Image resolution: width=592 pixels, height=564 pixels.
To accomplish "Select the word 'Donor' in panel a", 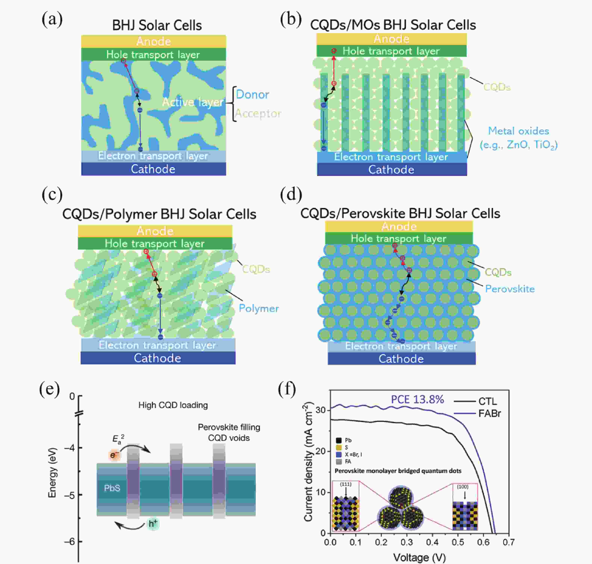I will pos(252,94).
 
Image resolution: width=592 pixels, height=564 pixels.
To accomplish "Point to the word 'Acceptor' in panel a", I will pos(258,113).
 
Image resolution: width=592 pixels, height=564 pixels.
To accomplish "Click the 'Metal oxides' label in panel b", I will pos(519,131).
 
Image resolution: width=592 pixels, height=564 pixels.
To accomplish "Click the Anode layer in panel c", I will pos(155,231).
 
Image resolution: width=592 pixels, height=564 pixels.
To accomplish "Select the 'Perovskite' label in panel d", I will pos(510,289).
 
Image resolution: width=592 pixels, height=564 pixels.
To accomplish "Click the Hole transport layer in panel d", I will pos(399,238).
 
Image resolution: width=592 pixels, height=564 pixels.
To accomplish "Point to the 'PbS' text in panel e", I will pos(112,488).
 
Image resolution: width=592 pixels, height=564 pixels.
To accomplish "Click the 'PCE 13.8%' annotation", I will pos(417,399).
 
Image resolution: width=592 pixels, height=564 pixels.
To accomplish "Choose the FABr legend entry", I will pos(489,414).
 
